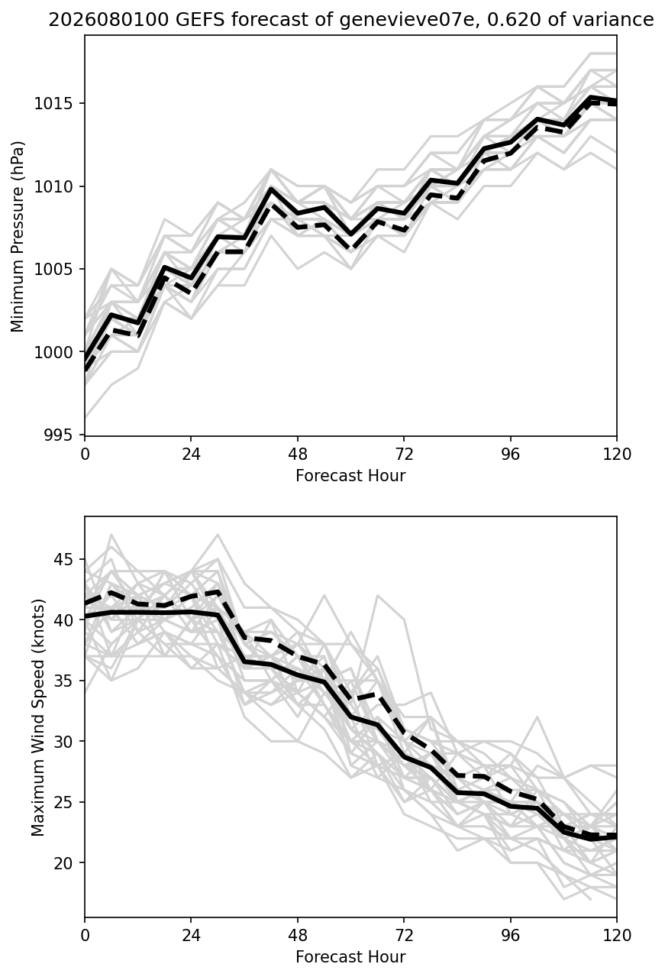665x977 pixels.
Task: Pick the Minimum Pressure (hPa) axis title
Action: tap(18, 236)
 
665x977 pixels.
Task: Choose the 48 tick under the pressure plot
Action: tap(298, 455)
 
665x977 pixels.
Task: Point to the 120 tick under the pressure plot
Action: tap(617, 455)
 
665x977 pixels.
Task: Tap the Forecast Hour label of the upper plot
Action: tap(350, 475)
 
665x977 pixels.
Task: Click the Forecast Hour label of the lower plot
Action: tap(350, 957)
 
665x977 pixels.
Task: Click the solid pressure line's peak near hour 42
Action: tap(271, 189)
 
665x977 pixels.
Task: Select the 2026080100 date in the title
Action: tap(108, 20)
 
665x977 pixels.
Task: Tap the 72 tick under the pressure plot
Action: tap(404, 455)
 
